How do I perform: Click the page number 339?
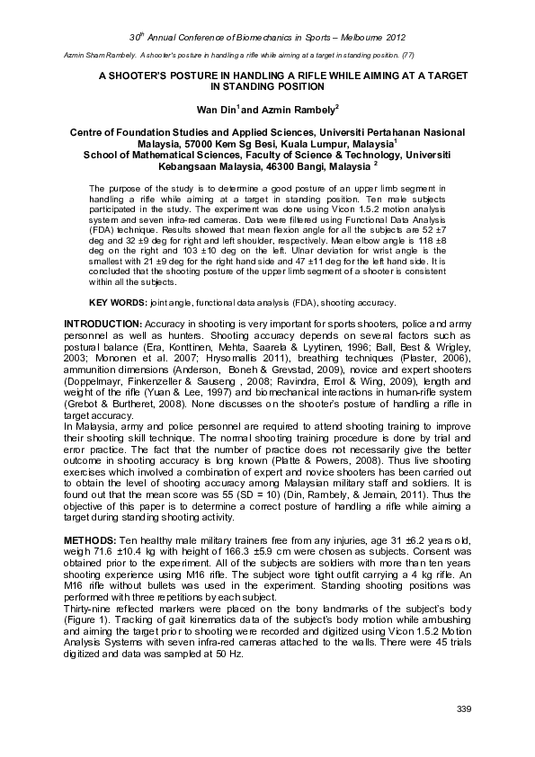pos(465,710)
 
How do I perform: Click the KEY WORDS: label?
pos(112,302)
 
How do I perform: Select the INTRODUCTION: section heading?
pos(102,322)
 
